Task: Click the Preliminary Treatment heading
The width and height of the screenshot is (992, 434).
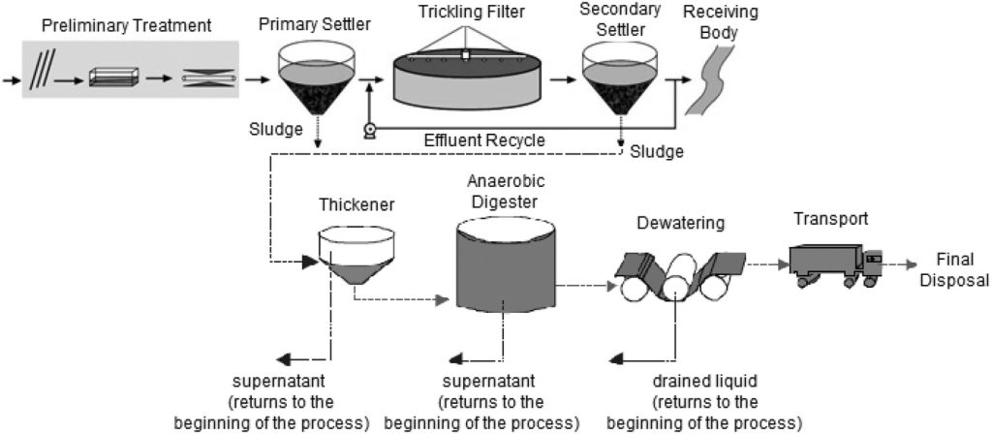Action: (127, 25)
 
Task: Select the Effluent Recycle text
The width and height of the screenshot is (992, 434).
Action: (484, 141)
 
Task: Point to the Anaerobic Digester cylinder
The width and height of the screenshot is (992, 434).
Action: (505, 267)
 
